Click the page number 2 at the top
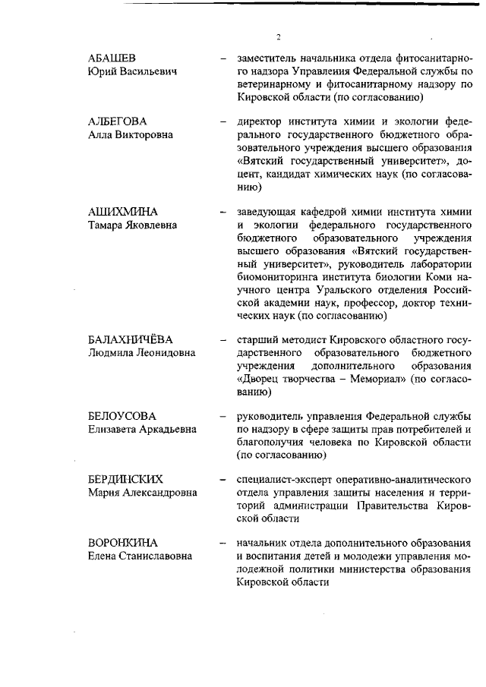pos(279,36)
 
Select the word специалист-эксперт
pos(282,480)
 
